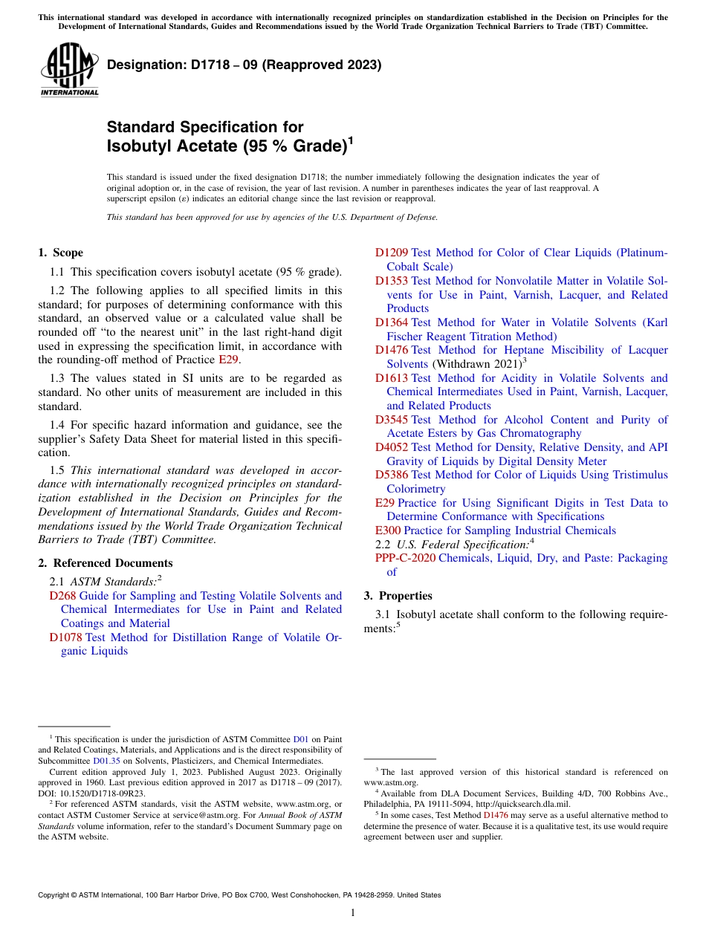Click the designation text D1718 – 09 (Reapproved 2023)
pyautogui.click(x=244, y=65)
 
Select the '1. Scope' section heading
pyautogui.click(x=61, y=253)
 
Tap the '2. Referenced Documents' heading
pyautogui.click(x=106, y=563)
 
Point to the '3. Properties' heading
pyautogui.click(x=398, y=596)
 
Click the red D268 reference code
pyautogui.click(x=62, y=596)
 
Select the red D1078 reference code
pyautogui.click(x=65, y=637)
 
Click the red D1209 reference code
pyautogui.click(x=391, y=253)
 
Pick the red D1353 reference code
pyautogui.click(x=391, y=281)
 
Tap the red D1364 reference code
pyautogui.click(x=391, y=322)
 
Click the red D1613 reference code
pyautogui.click(x=391, y=378)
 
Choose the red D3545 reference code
pyautogui.click(x=391, y=420)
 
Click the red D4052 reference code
pyautogui.click(x=391, y=447)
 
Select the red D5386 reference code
pyautogui.click(x=391, y=475)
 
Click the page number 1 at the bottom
pyautogui.click(x=353, y=912)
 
